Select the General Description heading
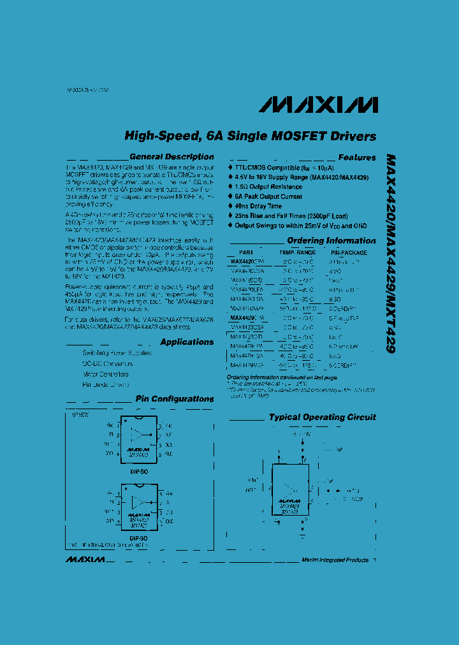click(x=171, y=157)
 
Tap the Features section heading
click(x=357, y=157)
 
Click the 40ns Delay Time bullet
click(x=258, y=207)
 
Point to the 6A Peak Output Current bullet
click(x=269, y=197)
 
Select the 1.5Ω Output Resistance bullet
click(x=268, y=187)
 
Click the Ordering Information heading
click(x=331, y=241)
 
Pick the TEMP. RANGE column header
click(x=297, y=252)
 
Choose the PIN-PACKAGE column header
click(x=348, y=252)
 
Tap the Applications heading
click(x=187, y=342)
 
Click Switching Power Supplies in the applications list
click(x=117, y=352)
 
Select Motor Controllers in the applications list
click(x=105, y=374)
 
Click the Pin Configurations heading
click(x=174, y=399)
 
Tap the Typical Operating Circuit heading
click(x=322, y=417)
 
